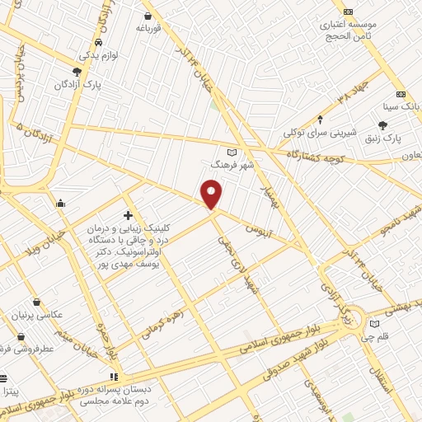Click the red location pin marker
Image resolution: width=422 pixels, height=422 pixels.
coord(212,195)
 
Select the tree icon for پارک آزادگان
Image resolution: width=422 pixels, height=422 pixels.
coord(77,72)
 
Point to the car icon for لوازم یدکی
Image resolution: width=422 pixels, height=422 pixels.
coord(99,42)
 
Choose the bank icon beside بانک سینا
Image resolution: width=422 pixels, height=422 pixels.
coord(401,94)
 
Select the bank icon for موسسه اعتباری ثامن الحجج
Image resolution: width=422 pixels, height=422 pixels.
coord(349,12)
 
